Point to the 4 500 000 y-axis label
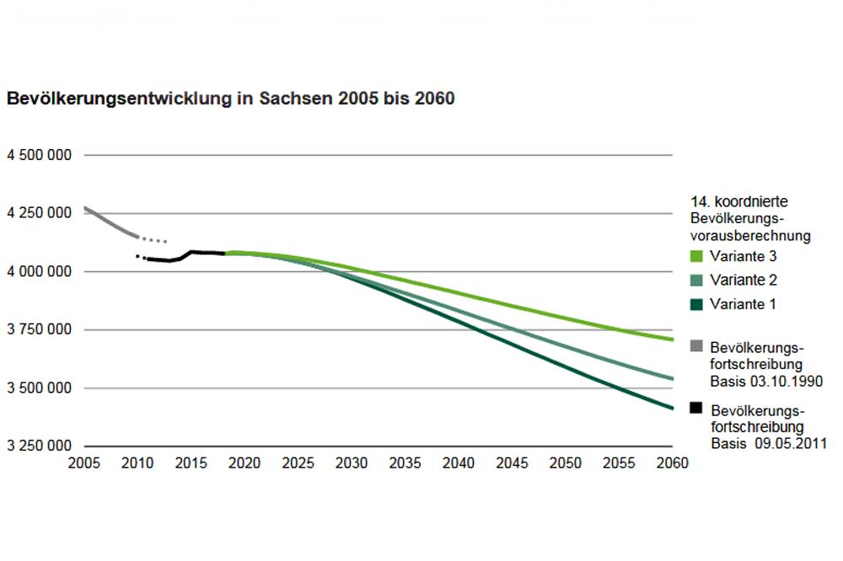coord(39,156)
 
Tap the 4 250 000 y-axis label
coord(39,214)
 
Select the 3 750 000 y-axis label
coord(39,330)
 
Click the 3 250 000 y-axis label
coord(39,446)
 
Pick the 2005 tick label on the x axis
coord(84,463)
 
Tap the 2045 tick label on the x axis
coord(512,463)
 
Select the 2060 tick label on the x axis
coord(672,463)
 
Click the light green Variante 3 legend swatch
coord(695,257)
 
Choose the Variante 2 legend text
coord(741,280)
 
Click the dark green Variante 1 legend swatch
coord(695,304)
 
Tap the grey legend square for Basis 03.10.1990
coord(695,345)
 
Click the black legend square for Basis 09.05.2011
coord(695,408)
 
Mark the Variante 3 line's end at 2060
coord(672,339)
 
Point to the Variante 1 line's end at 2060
coord(672,409)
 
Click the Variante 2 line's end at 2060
coord(672,379)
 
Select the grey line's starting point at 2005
coord(85,207)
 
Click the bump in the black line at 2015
coord(192,251)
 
